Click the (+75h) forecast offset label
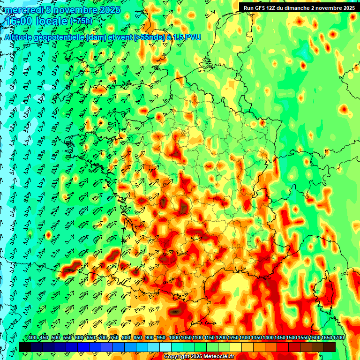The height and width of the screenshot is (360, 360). click(81, 21)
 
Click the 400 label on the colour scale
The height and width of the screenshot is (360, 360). click(32, 337)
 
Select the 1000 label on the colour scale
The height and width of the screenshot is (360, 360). click(174, 337)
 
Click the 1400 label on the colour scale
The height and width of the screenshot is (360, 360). click(268, 337)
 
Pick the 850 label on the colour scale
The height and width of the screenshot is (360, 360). click(138, 337)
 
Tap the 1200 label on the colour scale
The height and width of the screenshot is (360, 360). click(221, 337)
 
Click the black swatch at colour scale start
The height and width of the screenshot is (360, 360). click(25, 347)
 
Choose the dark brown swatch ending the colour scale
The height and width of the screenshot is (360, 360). click(330, 347)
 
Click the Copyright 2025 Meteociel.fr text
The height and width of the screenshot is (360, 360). click(199, 357)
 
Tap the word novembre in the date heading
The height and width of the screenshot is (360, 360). click(74, 10)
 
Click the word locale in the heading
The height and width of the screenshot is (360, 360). click(52, 22)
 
